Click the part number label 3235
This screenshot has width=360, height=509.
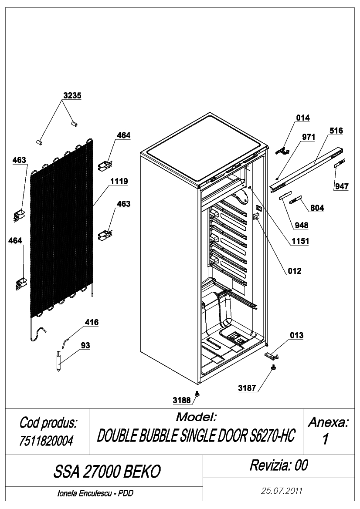point(72,95)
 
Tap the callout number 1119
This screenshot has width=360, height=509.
point(119,181)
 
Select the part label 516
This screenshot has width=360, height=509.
point(336,131)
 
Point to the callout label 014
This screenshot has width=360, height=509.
point(303,118)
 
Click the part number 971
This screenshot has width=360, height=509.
point(309,137)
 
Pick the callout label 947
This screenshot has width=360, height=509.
point(342,186)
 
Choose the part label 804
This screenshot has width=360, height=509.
point(317,208)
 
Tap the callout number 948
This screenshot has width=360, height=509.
point(302,225)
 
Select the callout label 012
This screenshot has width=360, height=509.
point(294,271)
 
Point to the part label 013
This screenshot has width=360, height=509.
point(296,335)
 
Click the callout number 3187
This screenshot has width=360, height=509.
point(247,388)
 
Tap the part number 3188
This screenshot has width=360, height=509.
point(182,400)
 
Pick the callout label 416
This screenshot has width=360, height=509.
point(92,322)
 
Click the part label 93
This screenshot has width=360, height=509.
point(85,345)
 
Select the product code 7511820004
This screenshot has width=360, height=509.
point(46,441)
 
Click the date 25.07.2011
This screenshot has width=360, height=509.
point(282,491)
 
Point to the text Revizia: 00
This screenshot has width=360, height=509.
point(279,465)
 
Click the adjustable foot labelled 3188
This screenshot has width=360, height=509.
point(197,394)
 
